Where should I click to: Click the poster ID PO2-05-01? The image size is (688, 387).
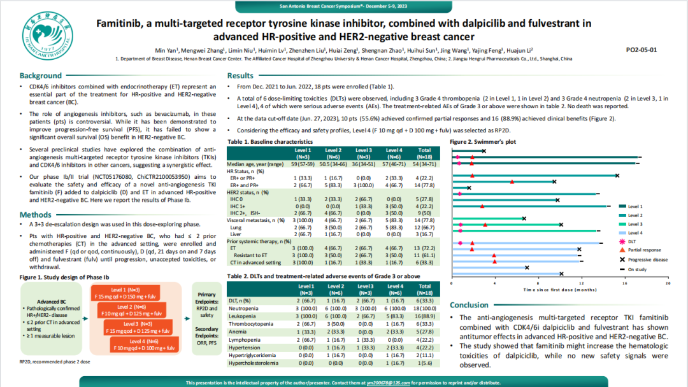point(641,49)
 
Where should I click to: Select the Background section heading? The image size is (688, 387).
point(41,76)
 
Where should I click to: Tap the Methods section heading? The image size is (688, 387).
point(36,215)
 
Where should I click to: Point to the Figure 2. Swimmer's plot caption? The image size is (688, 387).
point(483,141)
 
